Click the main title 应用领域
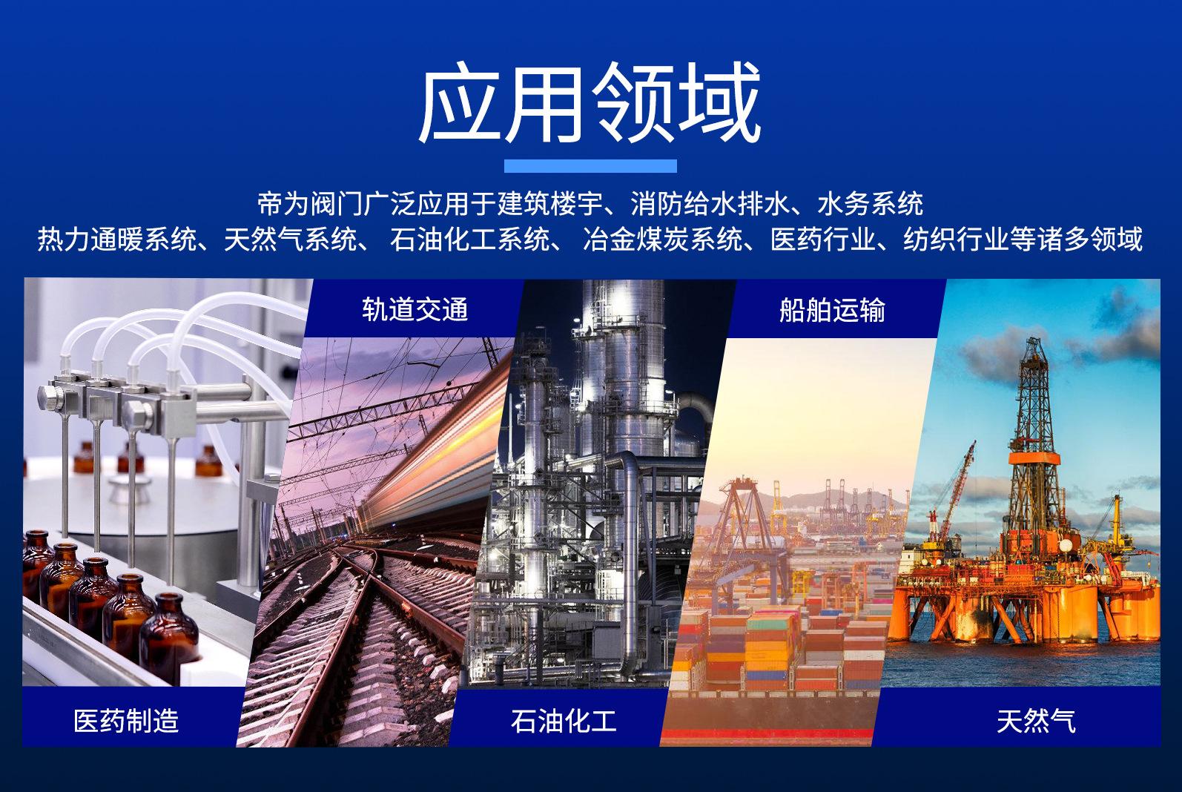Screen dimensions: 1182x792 [x=590, y=102]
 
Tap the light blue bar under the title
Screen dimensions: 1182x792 [x=590, y=166]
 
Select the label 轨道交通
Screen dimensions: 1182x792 [x=415, y=309]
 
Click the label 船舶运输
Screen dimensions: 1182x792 [x=832, y=310]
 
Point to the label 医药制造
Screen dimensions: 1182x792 [x=126, y=720]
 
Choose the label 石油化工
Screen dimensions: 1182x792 [x=564, y=721]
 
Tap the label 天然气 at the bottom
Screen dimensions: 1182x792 [x=1036, y=721]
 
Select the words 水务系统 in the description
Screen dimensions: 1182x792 [x=870, y=204]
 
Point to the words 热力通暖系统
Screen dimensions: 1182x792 [x=117, y=239]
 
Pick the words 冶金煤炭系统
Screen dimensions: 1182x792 [x=663, y=239]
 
